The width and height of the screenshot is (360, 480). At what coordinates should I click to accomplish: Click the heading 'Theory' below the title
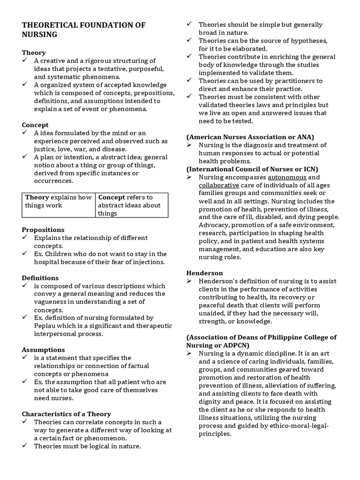[34, 52]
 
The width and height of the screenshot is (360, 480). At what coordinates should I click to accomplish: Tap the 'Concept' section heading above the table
[35, 125]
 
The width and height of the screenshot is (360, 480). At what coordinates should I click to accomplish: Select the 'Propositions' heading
[43, 230]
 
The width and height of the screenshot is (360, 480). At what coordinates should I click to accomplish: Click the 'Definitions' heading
[40, 278]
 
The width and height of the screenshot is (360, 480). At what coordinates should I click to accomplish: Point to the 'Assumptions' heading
[43, 350]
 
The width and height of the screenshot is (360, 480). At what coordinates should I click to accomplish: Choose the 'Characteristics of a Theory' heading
[67, 414]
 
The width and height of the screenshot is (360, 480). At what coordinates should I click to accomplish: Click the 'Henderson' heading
[204, 273]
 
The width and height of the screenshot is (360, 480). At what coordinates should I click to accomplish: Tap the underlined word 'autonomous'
[287, 177]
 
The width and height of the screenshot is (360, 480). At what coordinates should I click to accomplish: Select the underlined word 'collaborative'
[219, 185]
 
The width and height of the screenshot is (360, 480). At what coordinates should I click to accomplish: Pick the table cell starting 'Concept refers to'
[132, 205]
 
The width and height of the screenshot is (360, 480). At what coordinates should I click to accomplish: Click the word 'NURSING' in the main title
[40, 34]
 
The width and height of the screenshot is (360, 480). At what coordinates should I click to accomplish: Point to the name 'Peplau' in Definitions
[45, 326]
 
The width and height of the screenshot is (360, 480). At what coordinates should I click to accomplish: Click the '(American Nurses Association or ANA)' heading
[250, 137]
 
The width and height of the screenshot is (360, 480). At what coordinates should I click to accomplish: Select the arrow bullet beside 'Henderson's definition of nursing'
[189, 281]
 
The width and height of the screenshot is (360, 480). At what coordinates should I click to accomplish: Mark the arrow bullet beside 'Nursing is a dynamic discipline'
[189, 353]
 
